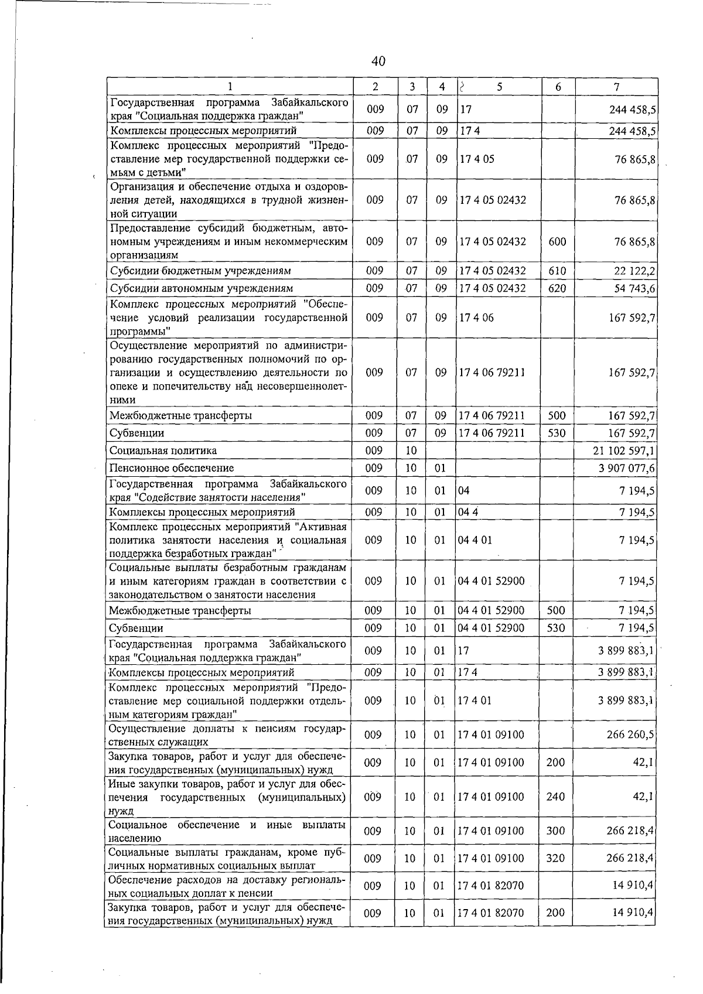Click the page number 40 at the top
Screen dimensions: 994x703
tap(378, 61)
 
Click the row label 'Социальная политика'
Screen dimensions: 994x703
tap(163, 450)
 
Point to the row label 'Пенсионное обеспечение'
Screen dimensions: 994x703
tap(172, 468)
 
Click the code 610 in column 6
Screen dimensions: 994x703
tap(557, 271)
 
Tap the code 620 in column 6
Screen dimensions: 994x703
tap(557, 288)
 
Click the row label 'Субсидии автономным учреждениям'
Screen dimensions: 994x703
tap(202, 288)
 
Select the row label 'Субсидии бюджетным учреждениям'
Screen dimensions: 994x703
tap(200, 271)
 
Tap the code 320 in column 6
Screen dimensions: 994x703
tap(555, 858)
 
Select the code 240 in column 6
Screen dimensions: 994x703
tap(555, 797)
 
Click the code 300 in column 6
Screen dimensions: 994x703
tap(555, 831)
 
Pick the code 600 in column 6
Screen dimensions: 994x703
tap(557, 241)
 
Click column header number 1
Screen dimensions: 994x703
tap(230, 87)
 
